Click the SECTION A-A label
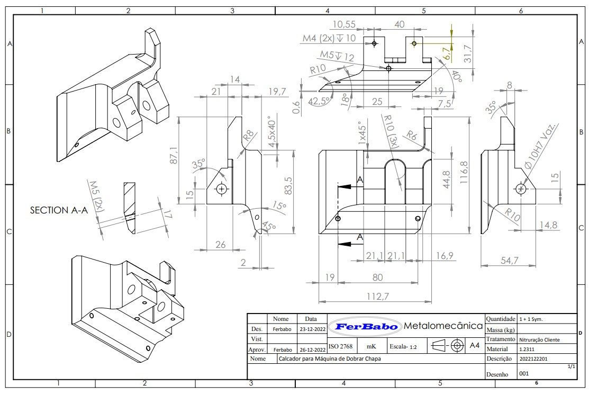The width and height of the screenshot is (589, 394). click(59, 210)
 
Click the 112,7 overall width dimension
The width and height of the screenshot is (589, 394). click(377, 297)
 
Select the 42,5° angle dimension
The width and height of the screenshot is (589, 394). click(320, 101)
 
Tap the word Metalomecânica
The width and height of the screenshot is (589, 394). click(443, 325)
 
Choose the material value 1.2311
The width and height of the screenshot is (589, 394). click(526, 349)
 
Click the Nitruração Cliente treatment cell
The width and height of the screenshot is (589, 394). click(539, 339)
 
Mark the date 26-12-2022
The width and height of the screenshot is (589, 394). click(313, 350)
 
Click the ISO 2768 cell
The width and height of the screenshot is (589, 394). click(340, 346)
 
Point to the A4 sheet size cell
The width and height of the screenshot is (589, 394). click(475, 346)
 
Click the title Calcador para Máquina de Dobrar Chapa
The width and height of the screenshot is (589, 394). click(329, 359)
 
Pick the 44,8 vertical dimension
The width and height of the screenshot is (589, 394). click(446, 178)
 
